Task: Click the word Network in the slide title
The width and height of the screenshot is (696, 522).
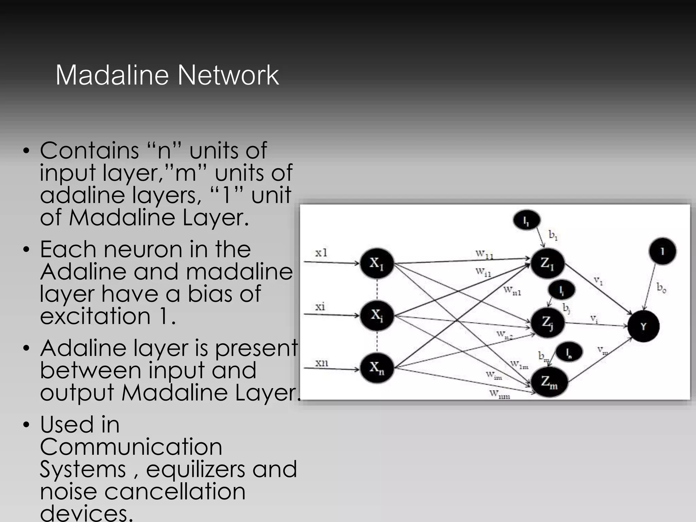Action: pos(228,75)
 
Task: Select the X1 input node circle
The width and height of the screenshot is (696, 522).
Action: pos(376,263)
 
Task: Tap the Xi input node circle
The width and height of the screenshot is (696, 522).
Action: pos(376,315)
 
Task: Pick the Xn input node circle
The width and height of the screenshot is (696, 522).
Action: pos(376,368)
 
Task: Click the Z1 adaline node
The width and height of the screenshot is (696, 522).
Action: pos(547,263)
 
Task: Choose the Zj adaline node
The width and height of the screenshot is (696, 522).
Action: pos(547,322)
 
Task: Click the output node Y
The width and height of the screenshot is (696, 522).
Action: pos(643,326)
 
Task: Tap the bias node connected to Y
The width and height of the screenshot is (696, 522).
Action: pos(662,251)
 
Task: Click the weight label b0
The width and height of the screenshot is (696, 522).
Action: pos(661,288)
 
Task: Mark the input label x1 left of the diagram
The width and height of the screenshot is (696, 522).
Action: pos(321,253)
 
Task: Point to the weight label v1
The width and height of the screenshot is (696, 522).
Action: pos(598,281)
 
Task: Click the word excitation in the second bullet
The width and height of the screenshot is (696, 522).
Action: pos(95,316)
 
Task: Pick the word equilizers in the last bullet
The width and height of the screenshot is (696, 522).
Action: pos(195,469)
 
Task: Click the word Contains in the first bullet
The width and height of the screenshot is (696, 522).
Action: pos(89,150)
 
